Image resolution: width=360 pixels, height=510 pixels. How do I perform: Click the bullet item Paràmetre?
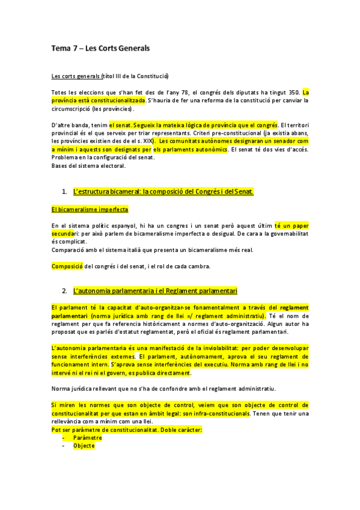88,438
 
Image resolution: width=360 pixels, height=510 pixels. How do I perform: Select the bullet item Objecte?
84,446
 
